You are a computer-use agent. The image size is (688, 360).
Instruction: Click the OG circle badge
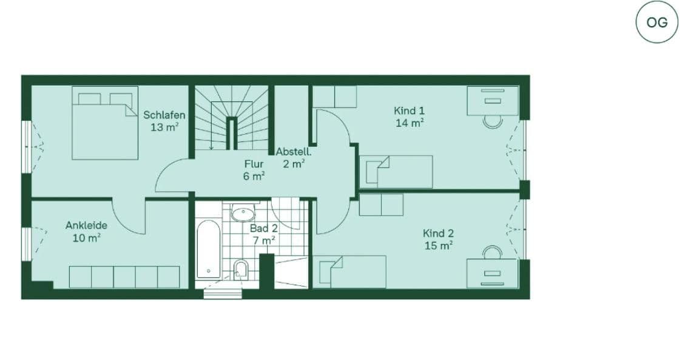click(x=656, y=22)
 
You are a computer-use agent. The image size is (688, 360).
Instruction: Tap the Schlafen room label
click(x=164, y=115)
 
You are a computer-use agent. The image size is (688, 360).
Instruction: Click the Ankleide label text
click(x=86, y=225)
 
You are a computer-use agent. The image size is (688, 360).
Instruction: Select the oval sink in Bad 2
click(x=243, y=214)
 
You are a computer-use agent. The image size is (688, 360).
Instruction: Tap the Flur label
click(x=254, y=164)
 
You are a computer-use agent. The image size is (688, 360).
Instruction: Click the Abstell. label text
click(x=294, y=152)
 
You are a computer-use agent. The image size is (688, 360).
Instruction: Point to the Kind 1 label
click(x=409, y=110)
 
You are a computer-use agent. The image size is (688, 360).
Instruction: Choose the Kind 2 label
click(x=438, y=233)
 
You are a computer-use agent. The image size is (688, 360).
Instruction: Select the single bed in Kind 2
click(x=352, y=271)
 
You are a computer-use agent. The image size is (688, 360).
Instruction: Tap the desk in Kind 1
click(x=492, y=101)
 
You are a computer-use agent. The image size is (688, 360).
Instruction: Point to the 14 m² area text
click(x=409, y=123)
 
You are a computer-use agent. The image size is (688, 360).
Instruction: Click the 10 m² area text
click(x=86, y=237)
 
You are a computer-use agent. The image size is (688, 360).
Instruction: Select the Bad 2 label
click(x=264, y=228)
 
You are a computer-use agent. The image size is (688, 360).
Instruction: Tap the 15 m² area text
click(x=438, y=245)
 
